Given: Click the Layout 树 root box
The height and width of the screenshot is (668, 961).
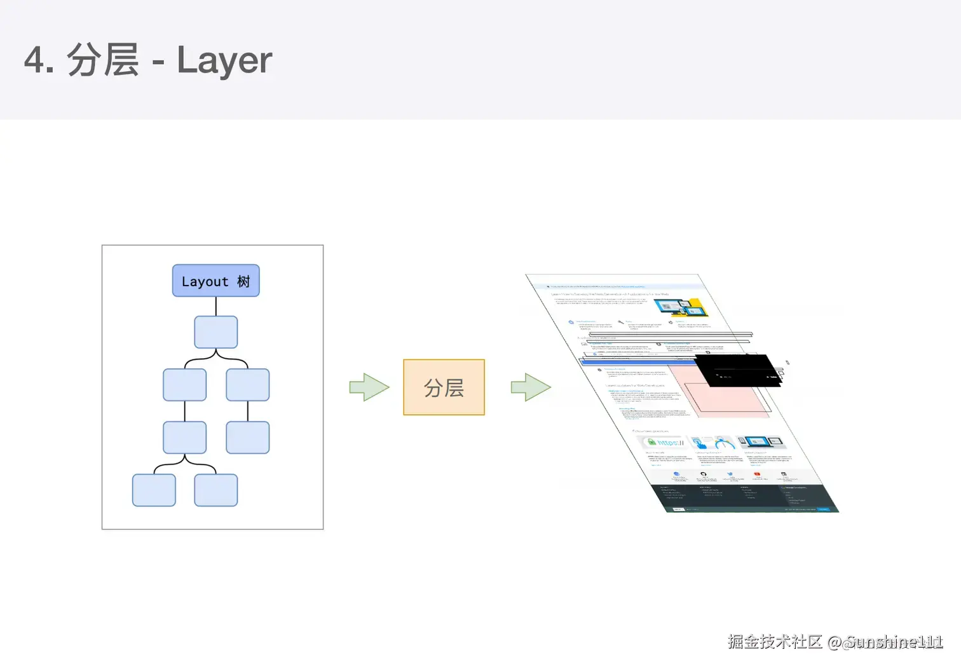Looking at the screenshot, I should (x=215, y=281).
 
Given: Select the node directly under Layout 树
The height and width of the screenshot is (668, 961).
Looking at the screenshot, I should (x=215, y=332).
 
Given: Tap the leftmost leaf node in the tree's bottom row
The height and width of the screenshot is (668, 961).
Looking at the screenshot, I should (x=154, y=490).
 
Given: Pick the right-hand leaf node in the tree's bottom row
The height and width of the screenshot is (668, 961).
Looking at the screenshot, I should (x=215, y=490).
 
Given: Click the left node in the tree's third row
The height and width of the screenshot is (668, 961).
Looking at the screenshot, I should (x=184, y=385).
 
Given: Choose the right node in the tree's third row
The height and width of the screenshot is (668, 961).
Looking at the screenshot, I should (x=247, y=385).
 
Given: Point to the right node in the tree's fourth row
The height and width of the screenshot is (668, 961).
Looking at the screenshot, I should (x=247, y=438).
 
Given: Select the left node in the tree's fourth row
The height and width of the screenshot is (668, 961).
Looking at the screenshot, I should (x=184, y=438).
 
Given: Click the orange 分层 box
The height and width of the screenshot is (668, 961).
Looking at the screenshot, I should (x=444, y=387).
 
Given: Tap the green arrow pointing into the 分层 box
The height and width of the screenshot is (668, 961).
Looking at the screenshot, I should (x=369, y=387).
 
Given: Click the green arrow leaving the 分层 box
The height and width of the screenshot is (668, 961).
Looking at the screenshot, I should (x=531, y=387).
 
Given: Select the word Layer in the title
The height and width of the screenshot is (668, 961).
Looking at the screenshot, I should (x=224, y=60).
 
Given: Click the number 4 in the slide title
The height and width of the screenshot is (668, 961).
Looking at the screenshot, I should (x=35, y=60).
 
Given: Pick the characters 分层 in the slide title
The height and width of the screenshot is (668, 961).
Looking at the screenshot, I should (x=103, y=60).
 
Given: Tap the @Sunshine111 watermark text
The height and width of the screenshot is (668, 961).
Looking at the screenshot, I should (x=885, y=642).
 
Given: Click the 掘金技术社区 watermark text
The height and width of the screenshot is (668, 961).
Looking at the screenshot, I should (x=775, y=641).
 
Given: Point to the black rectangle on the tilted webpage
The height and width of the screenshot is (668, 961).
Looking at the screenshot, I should (x=737, y=370).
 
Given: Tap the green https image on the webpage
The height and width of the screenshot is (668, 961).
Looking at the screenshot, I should (x=665, y=442).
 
